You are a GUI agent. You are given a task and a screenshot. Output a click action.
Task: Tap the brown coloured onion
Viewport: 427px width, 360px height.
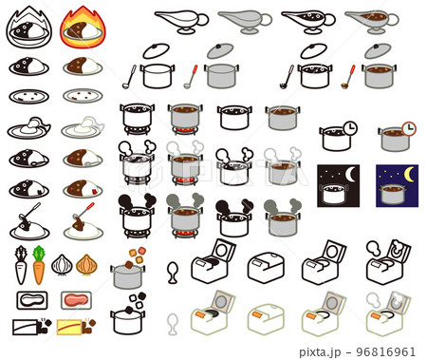(86, 264)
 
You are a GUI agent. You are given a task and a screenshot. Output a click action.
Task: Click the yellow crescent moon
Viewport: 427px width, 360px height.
(410, 176)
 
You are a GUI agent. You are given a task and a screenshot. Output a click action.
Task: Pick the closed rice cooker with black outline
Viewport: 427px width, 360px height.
(266, 266)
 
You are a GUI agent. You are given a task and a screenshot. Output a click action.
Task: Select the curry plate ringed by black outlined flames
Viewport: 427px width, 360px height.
(28, 28)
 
